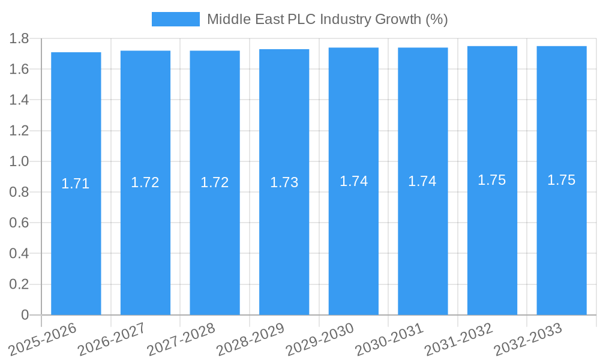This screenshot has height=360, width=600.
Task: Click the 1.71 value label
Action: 76,184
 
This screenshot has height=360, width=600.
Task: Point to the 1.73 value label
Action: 284,182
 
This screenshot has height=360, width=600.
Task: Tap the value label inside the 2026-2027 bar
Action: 145,182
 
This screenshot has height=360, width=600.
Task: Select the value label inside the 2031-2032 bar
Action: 492,180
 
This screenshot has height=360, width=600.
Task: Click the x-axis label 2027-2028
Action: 181,338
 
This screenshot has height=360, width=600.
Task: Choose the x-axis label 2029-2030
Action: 319,338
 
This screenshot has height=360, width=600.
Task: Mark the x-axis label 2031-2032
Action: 458,338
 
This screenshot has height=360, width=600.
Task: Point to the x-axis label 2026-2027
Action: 111,338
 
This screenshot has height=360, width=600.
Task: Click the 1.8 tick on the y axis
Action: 19,38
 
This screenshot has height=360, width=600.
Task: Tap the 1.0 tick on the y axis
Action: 19,161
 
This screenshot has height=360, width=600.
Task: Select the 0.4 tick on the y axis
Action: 19,254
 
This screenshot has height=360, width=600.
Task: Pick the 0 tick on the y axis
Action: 25,315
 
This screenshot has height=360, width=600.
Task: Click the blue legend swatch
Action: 175,19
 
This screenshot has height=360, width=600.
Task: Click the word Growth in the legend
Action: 398,19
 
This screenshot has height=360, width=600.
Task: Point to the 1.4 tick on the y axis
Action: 19,100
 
